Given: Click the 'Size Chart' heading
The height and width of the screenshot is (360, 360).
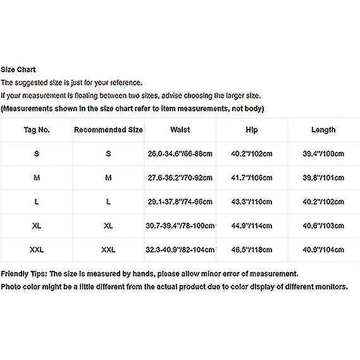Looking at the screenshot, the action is point(18,70).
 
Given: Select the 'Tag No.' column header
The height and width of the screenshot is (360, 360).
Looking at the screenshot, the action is point(37,130).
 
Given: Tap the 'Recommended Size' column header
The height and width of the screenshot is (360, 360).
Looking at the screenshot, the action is point(109,130).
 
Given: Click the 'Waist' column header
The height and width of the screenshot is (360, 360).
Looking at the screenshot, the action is point(180,130).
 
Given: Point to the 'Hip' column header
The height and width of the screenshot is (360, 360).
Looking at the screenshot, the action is point(252,130).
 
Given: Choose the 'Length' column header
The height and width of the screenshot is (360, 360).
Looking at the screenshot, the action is point(323,130).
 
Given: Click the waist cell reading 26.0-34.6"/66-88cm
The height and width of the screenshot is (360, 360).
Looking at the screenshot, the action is point(180,154).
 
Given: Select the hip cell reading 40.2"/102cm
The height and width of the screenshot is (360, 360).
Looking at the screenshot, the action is point(252,154).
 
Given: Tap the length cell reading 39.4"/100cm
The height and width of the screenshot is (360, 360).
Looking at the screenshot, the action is point(323,154).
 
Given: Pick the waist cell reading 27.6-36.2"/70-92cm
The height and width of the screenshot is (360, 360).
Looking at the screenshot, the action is point(180,178).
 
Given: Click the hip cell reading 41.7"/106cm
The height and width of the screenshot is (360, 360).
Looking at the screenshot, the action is point(252,178).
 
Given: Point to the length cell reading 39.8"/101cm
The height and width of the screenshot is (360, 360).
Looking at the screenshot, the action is point(323,178).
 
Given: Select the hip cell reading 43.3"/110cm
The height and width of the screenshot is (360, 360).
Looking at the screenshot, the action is point(252,202).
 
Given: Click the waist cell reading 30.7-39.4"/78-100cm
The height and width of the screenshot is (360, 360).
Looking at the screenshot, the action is point(180,226).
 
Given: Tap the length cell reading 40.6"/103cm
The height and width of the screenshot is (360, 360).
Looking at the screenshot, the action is point(323,226).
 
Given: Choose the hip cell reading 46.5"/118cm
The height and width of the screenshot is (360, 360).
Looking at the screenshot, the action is point(252,250).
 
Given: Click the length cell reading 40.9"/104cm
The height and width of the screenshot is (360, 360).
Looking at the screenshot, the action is point(323,250).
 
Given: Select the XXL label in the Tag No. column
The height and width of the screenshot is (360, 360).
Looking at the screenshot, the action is point(37,250).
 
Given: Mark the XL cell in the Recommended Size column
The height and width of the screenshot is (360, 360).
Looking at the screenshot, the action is point(109,226).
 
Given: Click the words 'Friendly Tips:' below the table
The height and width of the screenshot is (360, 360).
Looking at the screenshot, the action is point(24,274).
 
